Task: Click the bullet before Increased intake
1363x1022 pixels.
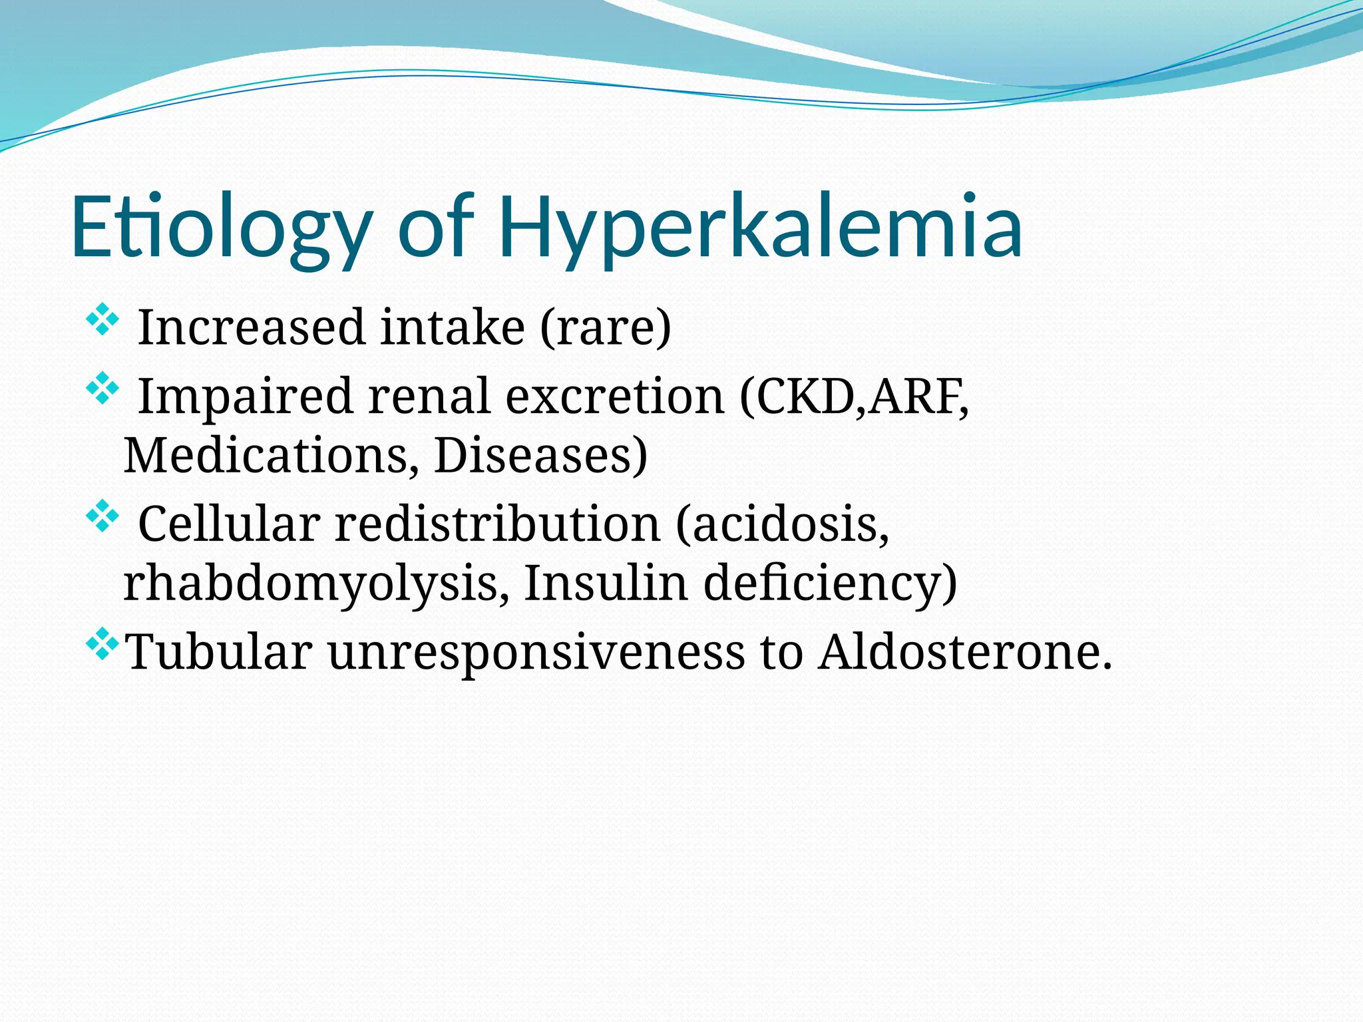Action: click(x=102, y=319)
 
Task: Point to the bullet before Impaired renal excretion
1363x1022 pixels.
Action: click(x=102, y=389)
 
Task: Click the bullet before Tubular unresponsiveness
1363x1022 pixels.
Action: click(x=102, y=643)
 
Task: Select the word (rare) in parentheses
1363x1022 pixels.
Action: click(x=605, y=327)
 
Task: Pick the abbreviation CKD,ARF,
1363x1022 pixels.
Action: click(x=854, y=397)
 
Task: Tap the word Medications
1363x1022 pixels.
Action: click(x=272, y=456)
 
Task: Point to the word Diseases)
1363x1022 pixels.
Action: click(x=540, y=456)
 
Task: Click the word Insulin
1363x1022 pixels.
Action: click(x=606, y=584)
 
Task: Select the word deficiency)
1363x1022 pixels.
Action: click(x=830, y=584)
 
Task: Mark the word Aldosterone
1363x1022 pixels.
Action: click(x=965, y=651)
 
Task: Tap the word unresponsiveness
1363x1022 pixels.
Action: click(x=536, y=651)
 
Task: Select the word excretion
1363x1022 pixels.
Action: click(x=614, y=397)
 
